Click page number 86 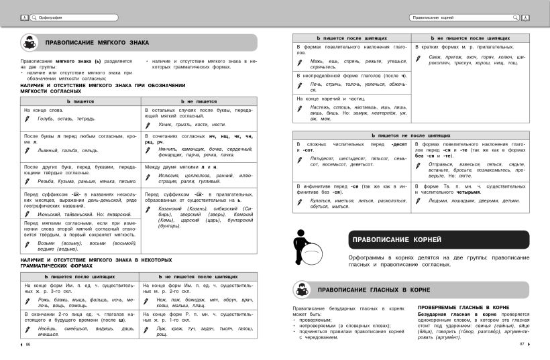click(x=28, y=345)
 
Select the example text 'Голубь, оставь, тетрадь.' click(x=66, y=119)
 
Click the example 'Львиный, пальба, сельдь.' click(x=68, y=150)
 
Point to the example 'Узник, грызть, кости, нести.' click(x=192, y=125)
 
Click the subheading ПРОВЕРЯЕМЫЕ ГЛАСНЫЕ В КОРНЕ click(x=463, y=306)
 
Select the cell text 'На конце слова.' click(x=43, y=109)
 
